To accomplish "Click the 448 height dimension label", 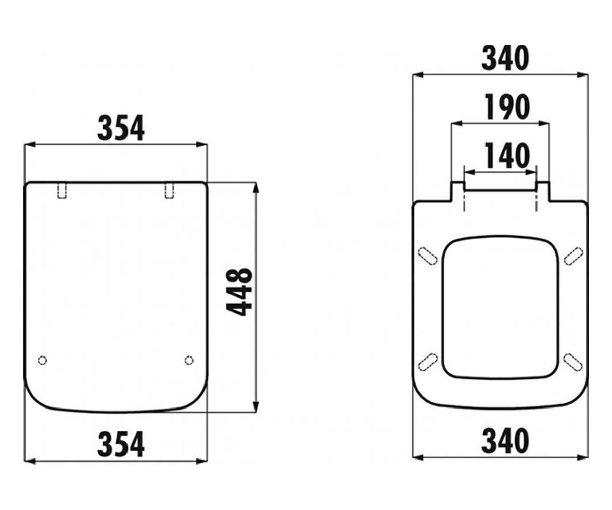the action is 239,292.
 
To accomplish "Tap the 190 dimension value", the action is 507,107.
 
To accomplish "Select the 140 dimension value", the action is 507,156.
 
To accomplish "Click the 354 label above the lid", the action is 121,128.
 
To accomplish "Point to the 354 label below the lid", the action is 121,444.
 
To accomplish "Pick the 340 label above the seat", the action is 505,58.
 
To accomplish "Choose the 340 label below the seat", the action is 505,441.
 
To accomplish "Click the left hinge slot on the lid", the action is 62,191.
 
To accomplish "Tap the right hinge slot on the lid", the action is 169,191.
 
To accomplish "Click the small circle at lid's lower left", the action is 42,360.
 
